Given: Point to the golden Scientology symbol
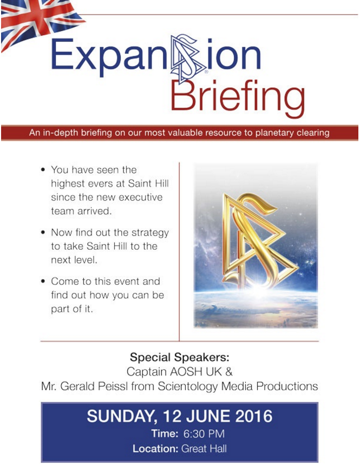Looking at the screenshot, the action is [x=259, y=241].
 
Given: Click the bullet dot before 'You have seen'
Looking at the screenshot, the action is [x=43, y=170].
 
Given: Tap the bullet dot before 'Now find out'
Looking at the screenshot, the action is [x=43, y=233].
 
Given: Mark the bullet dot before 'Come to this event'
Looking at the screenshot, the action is [x=43, y=281].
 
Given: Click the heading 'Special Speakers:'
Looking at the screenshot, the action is [x=180, y=357].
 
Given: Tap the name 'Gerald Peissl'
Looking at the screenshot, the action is [x=94, y=386].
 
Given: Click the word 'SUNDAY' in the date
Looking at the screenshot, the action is [x=122, y=416].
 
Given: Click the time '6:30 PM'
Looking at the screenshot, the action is [x=204, y=434].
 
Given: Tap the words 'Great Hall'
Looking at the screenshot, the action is [x=204, y=449].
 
